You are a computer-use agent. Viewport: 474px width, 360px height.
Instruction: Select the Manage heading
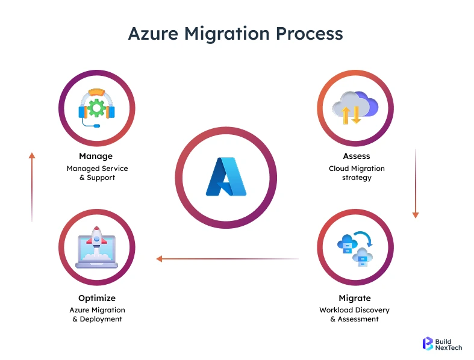96,157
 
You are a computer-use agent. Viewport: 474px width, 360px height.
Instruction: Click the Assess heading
356,157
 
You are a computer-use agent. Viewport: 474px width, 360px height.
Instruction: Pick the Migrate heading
355,298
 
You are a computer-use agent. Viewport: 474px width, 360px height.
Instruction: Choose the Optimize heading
97,298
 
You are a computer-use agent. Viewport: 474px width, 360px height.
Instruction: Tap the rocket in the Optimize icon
96,240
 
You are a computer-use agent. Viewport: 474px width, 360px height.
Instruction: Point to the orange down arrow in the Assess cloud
356,114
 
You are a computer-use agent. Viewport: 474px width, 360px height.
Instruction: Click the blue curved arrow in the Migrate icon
364,238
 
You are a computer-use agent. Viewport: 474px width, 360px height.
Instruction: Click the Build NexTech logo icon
428,343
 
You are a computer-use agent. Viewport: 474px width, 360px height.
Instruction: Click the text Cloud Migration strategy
356,173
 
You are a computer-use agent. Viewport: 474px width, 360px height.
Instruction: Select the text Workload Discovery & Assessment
355,314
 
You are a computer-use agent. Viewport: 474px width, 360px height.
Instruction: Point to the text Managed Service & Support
97,173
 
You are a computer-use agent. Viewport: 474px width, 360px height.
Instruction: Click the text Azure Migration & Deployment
97,314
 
